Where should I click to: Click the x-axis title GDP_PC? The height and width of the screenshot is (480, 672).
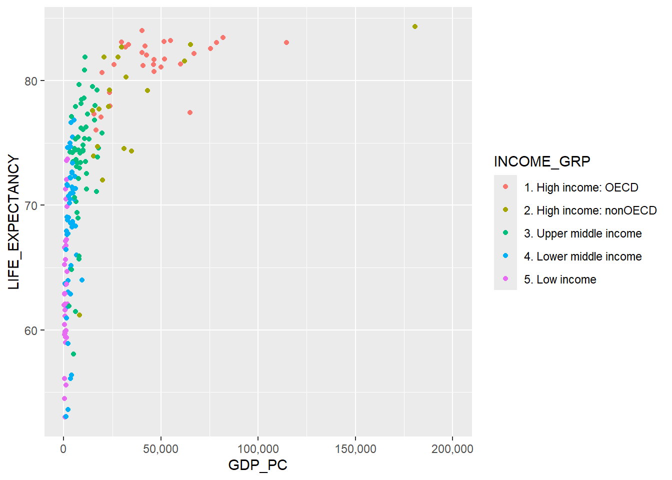[257, 465]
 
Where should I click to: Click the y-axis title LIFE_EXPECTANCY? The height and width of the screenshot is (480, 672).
[14, 222]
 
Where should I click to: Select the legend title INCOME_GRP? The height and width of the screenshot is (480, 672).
[542, 161]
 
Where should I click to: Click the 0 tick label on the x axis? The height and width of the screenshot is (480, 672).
[63, 448]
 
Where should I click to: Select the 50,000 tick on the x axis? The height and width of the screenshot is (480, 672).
[160, 448]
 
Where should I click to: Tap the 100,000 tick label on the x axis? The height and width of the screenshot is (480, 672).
[258, 448]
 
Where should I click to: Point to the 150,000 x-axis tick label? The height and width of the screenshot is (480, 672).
[355, 448]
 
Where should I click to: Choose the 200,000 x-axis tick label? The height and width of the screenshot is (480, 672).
[452, 448]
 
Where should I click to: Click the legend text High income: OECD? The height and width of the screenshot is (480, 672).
[581, 187]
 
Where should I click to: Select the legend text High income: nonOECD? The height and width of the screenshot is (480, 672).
[590, 210]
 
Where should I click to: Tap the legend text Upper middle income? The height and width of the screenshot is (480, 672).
[582, 233]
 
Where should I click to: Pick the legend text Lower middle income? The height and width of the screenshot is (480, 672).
[582, 256]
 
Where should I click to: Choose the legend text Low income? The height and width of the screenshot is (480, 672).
[560, 279]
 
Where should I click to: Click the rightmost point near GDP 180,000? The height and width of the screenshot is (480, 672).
[415, 26]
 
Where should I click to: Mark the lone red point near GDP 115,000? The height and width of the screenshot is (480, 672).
[286, 42]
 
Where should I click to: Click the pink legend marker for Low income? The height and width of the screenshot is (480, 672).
[505, 278]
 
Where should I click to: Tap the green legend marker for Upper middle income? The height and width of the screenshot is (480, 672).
[505, 232]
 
